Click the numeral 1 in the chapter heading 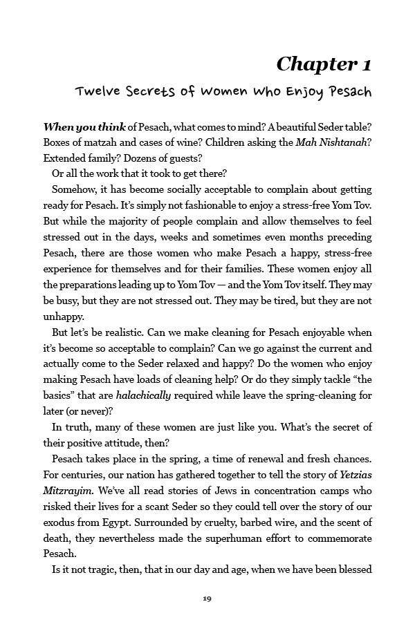(365, 64)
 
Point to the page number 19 (207, 598)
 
